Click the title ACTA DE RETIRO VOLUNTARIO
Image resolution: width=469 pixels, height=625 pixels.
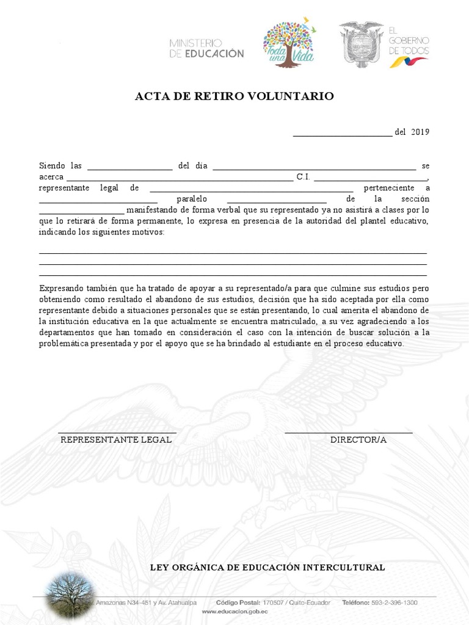[234, 96]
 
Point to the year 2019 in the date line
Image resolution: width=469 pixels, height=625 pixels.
[420, 132]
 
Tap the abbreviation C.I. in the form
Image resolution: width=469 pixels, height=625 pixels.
[304, 177]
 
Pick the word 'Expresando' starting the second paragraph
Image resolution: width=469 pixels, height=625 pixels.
[60, 287]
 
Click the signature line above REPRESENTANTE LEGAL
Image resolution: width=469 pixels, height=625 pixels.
[117, 432]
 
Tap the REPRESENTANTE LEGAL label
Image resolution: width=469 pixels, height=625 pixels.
[116, 440]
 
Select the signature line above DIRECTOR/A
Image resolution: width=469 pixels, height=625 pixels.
[348, 432]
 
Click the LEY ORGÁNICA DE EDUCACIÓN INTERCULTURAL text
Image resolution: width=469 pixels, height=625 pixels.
[267, 568]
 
